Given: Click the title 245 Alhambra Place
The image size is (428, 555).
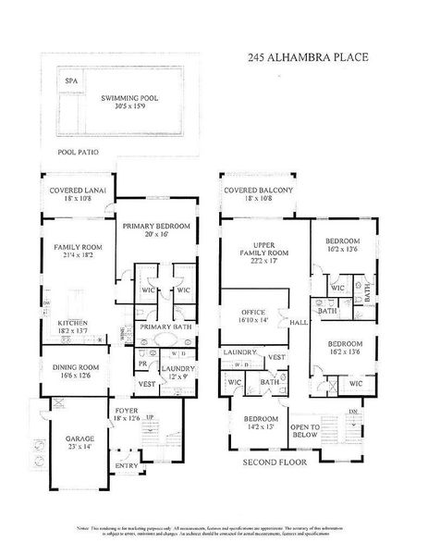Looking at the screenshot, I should pyautogui.click(x=308, y=57).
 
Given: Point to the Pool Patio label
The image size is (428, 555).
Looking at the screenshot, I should pyautogui.click(x=78, y=151).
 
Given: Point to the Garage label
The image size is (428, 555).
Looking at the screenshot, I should pyautogui.click(x=67, y=439).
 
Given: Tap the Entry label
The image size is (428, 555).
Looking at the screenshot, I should pyautogui.click(x=123, y=466).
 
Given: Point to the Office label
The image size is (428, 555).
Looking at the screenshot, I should pyautogui.click(x=254, y=312).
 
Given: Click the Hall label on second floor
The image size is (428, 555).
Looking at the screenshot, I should pyautogui.click(x=298, y=322).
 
